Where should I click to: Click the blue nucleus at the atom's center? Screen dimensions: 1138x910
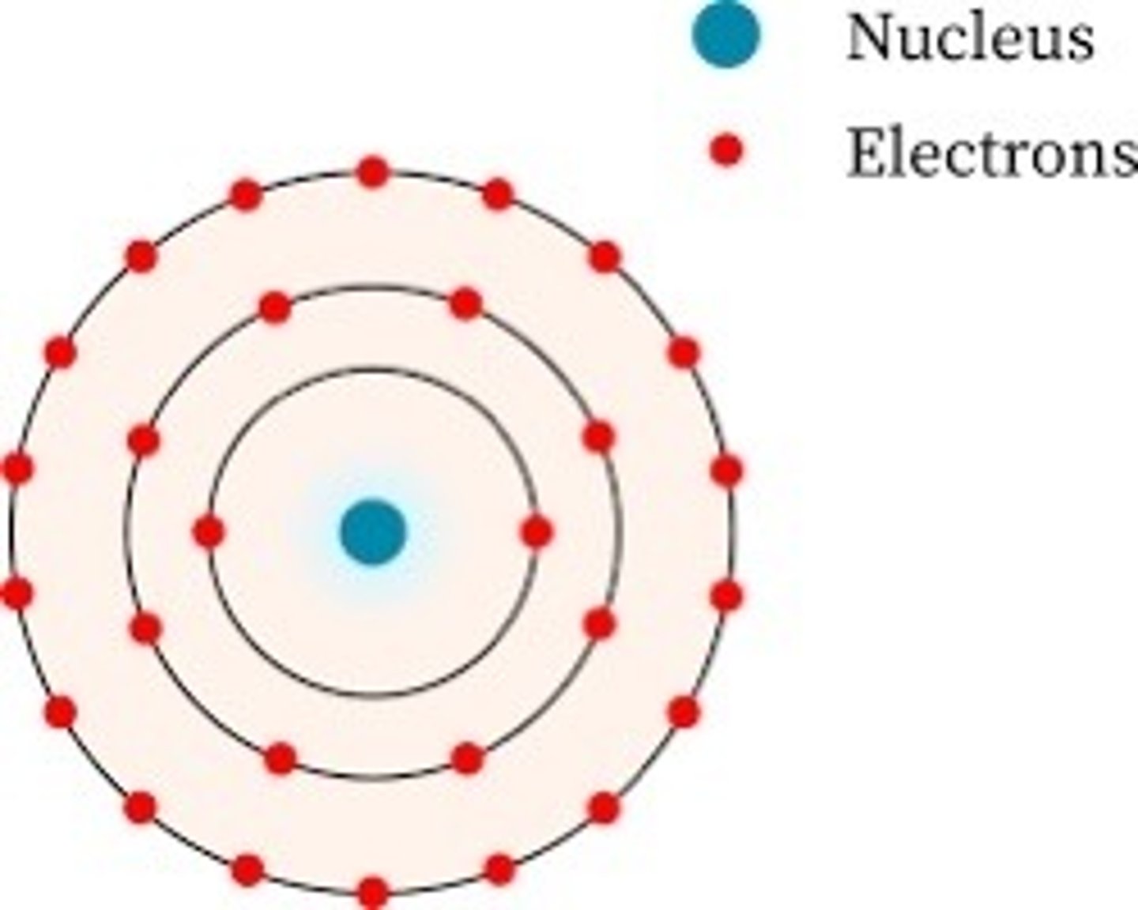point(373,532)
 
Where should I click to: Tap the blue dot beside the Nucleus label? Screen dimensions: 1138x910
point(725,33)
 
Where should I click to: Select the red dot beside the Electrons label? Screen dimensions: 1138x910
point(725,149)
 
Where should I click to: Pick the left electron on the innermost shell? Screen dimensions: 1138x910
point(209,532)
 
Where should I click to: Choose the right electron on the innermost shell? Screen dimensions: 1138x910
point(537,532)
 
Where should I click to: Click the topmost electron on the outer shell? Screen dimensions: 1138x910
point(373,172)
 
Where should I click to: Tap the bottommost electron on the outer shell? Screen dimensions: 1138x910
point(373,893)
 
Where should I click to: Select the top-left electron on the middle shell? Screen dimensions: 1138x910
point(275,307)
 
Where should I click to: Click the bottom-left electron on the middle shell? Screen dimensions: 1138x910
point(281,758)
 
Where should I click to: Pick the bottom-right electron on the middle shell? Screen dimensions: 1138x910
point(468,758)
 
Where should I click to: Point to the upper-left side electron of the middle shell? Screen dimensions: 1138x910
point(144,440)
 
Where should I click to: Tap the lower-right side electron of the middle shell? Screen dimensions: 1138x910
point(600,624)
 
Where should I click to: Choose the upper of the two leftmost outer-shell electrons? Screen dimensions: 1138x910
point(18,469)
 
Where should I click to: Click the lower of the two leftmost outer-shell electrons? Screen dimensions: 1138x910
point(17,592)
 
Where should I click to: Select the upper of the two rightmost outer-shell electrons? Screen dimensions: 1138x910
point(726,471)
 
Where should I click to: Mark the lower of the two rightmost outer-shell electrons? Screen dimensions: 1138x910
point(726,595)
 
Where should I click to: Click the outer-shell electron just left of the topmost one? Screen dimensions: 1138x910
point(246,194)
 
